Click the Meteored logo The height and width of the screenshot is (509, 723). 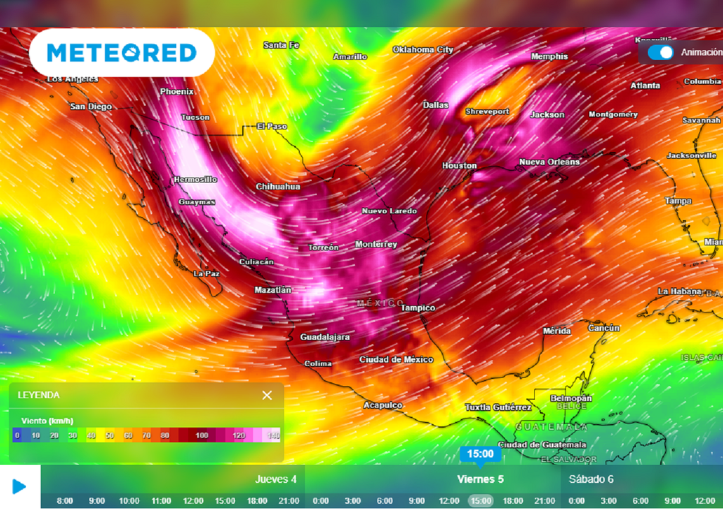(x=121, y=53)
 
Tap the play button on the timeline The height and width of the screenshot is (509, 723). (x=20, y=486)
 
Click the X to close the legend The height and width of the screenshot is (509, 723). (x=267, y=395)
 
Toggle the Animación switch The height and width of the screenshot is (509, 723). (x=661, y=52)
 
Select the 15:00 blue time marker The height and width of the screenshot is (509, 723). (x=480, y=454)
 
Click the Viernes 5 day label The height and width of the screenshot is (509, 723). (x=480, y=479)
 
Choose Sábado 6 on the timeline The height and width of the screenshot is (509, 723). (x=591, y=479)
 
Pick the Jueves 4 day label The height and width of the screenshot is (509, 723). (x=275, y=479)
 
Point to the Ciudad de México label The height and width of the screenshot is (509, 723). (x=396, y=360)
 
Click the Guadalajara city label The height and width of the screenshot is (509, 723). (x=325, y=337)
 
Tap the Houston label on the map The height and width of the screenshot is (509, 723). (x=460, y=165)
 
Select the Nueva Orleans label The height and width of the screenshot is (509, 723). (x=549, y=162)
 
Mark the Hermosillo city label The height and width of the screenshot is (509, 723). (x=196, y=180)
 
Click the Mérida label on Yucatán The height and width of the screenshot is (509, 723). (x=557, y=331)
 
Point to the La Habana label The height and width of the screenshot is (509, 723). (x=679, y=291)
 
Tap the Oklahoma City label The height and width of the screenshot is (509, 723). (x=423, y=50)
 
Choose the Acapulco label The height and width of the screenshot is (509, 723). (x=383, y=405)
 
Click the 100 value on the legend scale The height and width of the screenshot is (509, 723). (x=202, y=435)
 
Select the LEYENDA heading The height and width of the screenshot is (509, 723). (x=39, y=395)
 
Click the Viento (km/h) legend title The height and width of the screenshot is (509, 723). (x=47, y=421)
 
